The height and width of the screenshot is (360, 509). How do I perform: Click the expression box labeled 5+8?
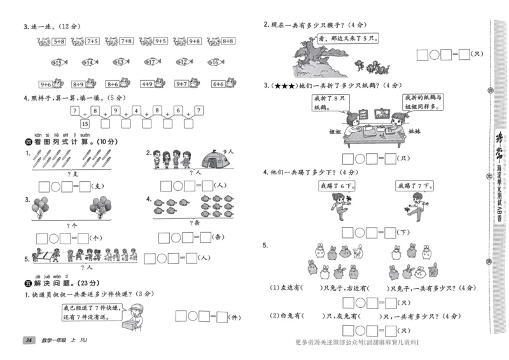(59, 41)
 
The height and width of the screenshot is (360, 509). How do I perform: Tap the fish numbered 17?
(151, 62)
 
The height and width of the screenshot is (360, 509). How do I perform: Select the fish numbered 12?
(183, 62)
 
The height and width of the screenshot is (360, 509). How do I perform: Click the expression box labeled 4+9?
(147, 83)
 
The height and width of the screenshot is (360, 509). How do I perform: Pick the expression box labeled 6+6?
(218, 83)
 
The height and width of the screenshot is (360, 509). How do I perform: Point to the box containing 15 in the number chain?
(85, 123)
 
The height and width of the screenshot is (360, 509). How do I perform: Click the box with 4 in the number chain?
(137, 111)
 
